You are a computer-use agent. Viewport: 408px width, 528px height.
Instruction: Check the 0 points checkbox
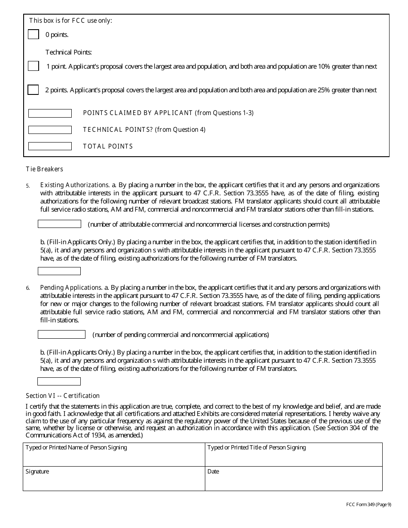point(33,34)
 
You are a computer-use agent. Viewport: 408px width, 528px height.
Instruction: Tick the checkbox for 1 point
point(33,66)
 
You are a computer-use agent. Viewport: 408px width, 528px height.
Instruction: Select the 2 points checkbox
point(33,90)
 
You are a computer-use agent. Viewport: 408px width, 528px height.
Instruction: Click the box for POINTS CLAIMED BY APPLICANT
point(50,113)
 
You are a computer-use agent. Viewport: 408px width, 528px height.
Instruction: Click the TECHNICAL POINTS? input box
point(50,130)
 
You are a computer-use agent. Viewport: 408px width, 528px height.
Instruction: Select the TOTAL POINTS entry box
point(50,146)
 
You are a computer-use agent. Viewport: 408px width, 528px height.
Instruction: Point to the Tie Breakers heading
point(44,169)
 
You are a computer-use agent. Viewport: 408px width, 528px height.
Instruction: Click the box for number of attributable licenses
point(59,224)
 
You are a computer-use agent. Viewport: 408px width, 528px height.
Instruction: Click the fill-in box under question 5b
point(59,271)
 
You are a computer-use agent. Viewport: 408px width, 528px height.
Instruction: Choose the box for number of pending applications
point(61,334)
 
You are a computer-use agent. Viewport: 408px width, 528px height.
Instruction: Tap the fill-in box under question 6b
point(59,382)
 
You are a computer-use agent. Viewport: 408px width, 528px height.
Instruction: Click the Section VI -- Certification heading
point(63,396)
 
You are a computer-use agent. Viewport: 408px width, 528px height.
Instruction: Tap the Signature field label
point(37,471)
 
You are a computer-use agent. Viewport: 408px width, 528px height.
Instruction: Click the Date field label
point(213,471)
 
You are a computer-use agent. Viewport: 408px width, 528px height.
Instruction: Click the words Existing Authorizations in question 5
point(74,185)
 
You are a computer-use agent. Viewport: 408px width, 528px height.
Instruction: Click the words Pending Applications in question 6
point(71,288)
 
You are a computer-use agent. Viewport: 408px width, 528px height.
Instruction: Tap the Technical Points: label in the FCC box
point(69,52)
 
